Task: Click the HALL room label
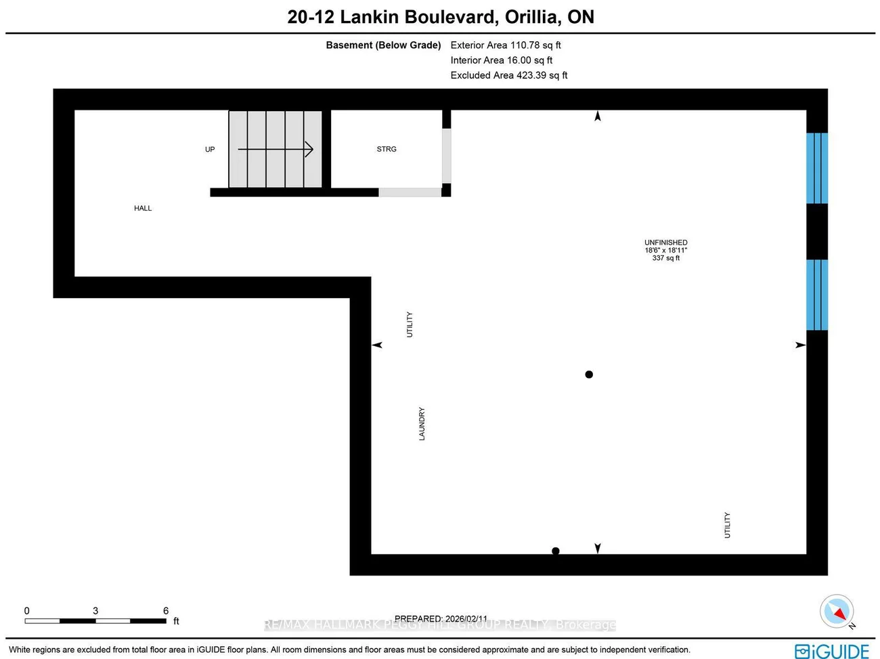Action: point(143,208)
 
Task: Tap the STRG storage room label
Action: point(387,149)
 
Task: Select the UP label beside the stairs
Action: point(210,149)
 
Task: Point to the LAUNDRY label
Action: point(422,424)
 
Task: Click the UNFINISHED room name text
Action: point(665,242)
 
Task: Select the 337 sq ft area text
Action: point(665,258)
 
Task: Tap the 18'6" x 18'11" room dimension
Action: point(665,251)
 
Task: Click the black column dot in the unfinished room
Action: point(589,375)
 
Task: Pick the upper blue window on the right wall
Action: point(817,168)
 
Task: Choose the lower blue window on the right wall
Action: point(817,295)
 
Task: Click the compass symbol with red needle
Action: point(837,611)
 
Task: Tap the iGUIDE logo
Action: point(832,651)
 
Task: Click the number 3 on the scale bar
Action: point(95,610)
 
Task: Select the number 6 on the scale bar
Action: point(166,610)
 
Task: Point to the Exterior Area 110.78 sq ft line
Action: point(506,45)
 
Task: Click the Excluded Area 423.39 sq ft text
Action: point(509,75)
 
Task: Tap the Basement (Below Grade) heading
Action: point(383,45)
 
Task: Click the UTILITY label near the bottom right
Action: point(728,525)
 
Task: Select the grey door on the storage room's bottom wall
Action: point(410,192)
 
